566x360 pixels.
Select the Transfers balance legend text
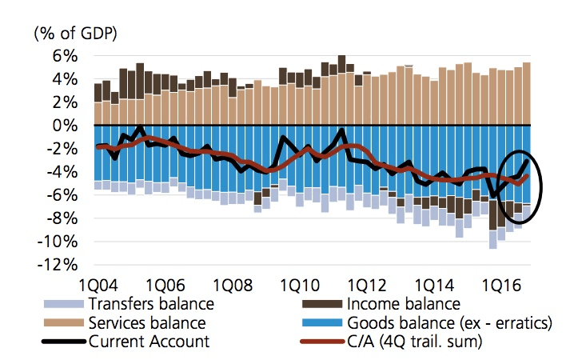pos(152,304)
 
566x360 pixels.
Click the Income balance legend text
pos(404,304)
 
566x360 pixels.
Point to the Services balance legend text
pos(150,324)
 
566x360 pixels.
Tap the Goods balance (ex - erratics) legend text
pos(452,324)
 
